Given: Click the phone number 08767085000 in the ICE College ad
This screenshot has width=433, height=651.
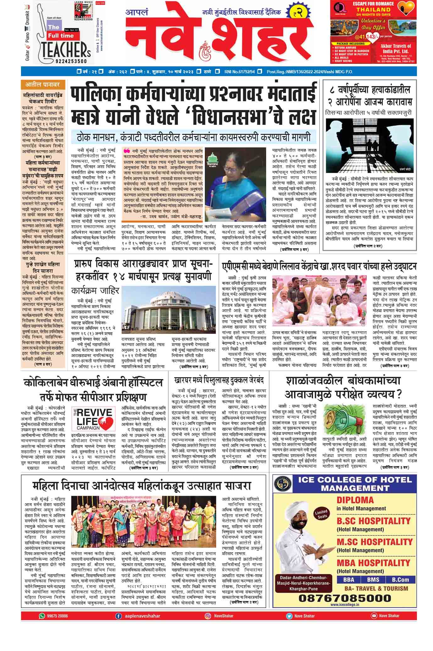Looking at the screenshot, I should coord(345,598).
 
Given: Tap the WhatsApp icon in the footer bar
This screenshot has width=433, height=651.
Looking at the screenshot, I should coord(42,616).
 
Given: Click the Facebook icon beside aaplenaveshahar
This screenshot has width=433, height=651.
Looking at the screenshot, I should coord(118,616).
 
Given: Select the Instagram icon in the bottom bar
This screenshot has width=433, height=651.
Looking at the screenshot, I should coord(208,616).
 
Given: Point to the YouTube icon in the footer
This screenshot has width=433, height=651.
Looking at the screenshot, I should coord(373,616).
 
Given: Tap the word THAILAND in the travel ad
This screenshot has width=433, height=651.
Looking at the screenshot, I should coord(373,9).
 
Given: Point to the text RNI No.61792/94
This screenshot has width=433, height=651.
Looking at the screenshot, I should coord(239,72).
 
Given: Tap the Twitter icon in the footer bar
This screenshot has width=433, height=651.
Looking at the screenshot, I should coord(289,616).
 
